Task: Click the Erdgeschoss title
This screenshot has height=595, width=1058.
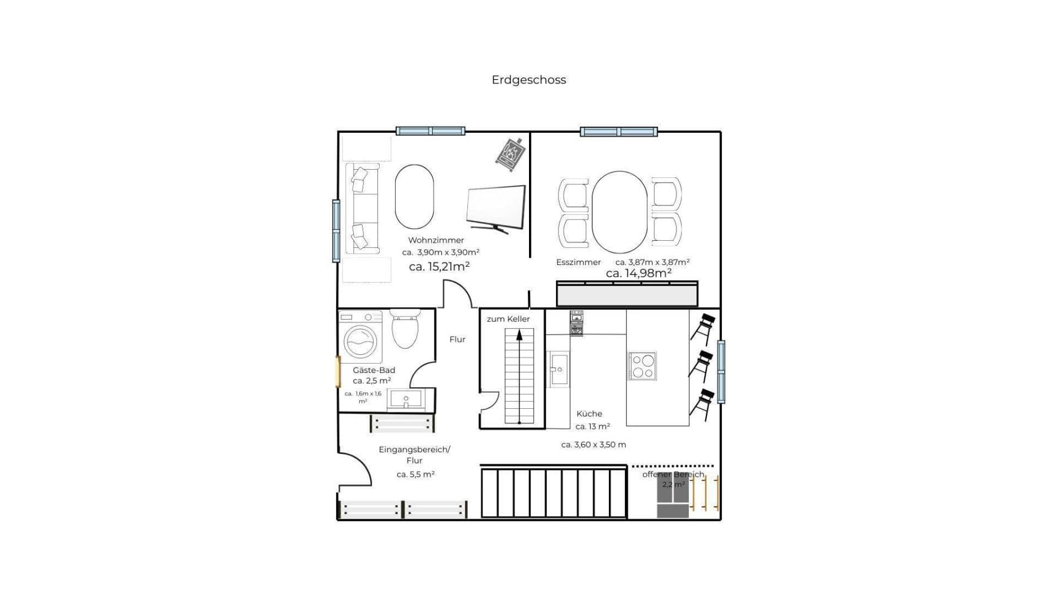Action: point(528,80)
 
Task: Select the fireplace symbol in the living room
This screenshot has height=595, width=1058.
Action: point(510,155)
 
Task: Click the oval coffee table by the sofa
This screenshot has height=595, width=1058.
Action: point(414,197)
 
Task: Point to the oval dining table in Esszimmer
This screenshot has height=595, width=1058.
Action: point(619,212)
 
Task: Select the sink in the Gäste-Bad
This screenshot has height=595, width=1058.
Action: point(406,399)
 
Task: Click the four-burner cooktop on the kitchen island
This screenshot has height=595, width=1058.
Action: point(642,366)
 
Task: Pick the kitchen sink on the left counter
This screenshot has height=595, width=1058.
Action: point(558,369)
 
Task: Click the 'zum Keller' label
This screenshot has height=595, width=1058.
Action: point(508,319)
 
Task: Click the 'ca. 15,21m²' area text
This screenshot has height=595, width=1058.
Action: point(439,267)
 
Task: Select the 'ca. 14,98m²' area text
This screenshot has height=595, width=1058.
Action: point(638,273)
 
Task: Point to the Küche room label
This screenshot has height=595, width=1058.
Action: point(589,414)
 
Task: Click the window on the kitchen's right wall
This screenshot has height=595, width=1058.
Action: point(721,371)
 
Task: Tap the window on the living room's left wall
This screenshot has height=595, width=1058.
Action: point(336,231)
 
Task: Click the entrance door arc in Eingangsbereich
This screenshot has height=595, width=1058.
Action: point(356,468)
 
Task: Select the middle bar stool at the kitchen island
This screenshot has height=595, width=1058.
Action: point(701,365)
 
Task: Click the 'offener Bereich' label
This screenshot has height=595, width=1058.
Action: point(672,475)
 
